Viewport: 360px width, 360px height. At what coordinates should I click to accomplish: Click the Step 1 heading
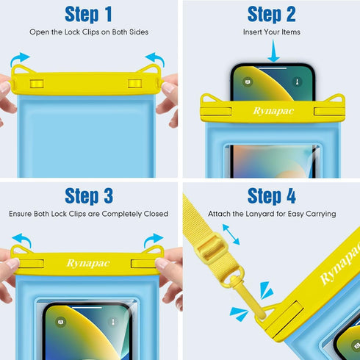pos(88,14)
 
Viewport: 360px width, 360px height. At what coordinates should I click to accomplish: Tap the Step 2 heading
pos(271,14)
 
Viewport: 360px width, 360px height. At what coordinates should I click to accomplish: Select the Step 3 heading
pos(88,195)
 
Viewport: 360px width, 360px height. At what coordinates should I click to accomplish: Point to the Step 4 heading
pos(271,195)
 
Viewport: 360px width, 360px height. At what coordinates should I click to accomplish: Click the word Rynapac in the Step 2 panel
pos(253,111)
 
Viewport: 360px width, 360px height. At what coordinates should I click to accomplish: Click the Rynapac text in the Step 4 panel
pos(338,267)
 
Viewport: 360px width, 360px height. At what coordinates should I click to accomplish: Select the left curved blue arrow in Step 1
pos(20,57)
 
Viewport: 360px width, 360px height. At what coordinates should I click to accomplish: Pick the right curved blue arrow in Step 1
pos(155,57)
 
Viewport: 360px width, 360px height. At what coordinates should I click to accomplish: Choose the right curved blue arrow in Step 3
pos(155,240)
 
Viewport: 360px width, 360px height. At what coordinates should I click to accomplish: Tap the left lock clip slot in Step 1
pos(33,84)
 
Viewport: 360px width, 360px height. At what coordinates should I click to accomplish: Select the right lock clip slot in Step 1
pos(134,84)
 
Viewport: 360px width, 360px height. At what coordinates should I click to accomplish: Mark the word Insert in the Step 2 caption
pos(253,32)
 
